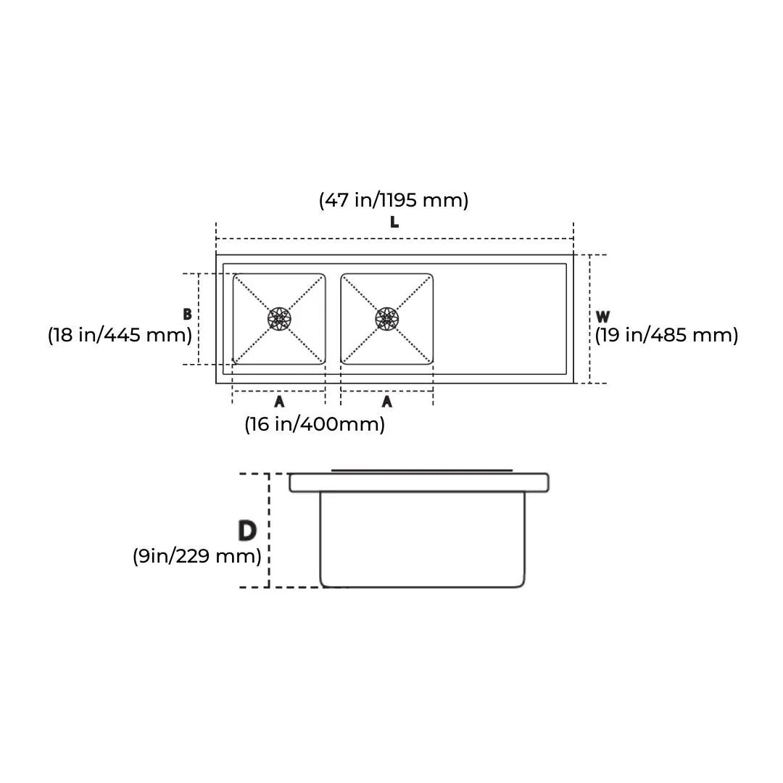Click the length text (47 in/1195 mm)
tap(394, 200)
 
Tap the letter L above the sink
tap(394, 222)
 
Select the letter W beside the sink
tap(602, 317)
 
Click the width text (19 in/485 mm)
tap(666, 334)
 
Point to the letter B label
tap(187, 314)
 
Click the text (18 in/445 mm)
tap(120, 334)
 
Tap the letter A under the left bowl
tap(279, 401)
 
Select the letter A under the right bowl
tap(387, 401)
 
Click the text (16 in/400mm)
tap(315, 424)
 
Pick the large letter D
tap(247, 530)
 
